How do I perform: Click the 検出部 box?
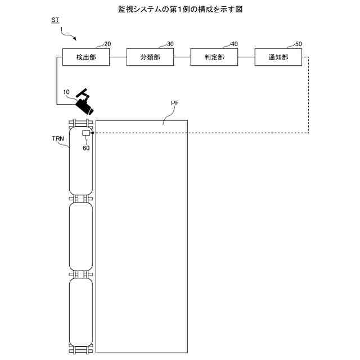click(85, 57)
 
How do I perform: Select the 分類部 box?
click(150, 57)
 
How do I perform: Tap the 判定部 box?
click(214, 57)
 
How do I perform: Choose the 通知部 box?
click(278, 57)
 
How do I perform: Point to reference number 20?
click(107, 44)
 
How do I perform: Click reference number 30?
click(170, 44)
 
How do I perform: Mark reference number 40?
click(235, 44)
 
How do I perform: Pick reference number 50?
click(298, 44)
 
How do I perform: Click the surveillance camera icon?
click(84, 102)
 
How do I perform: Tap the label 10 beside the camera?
click(67, 92)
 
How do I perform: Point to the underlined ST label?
click(55, 21)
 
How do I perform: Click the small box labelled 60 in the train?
click(86, 133)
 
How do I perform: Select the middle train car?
click(81, 236)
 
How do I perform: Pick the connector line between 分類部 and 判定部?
click(182, 57)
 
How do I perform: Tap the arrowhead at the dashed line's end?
click(92, 133)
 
